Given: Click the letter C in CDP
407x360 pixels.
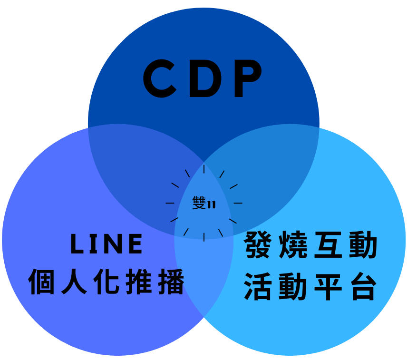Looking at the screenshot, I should (x=161, y=78).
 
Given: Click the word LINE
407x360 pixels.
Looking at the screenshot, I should (x=107, y=244).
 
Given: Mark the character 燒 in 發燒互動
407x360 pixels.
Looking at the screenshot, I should (x=294, y=245).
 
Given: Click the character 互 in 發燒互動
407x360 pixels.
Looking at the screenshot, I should (x=329, y=245).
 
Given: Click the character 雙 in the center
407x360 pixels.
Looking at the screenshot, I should (x=200, y=203).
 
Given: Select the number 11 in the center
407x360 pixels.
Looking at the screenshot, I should (x=212, y=204).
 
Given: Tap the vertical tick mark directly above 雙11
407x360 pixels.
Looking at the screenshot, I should (x=204, y=169).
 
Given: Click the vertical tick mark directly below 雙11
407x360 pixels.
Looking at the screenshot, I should (x=204, y=236).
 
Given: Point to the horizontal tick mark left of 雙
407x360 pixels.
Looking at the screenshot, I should (x=170, y=203).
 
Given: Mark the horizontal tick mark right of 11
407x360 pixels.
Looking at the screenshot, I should (x=238, y=203).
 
